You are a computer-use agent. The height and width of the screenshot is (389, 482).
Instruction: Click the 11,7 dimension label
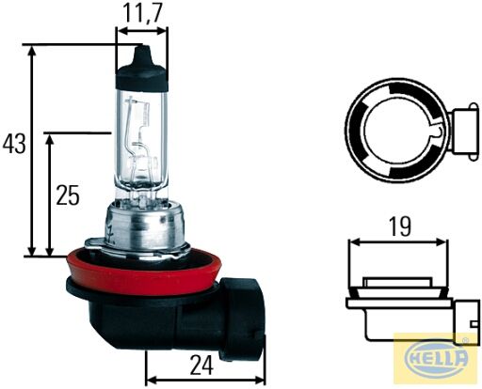[x=142, y=14]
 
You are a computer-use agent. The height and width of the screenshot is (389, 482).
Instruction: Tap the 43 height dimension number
[x=14, y=145]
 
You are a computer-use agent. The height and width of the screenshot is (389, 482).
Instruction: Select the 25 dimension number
[x=68, y=195]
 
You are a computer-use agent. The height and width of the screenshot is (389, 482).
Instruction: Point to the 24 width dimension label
[x=201, y=366]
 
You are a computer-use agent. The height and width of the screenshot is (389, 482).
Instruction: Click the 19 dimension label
[x=399, y=227]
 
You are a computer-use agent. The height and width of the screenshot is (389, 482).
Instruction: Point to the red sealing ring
[x=144, y=272]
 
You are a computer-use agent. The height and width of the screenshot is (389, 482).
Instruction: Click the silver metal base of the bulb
[x=143, y=227]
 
